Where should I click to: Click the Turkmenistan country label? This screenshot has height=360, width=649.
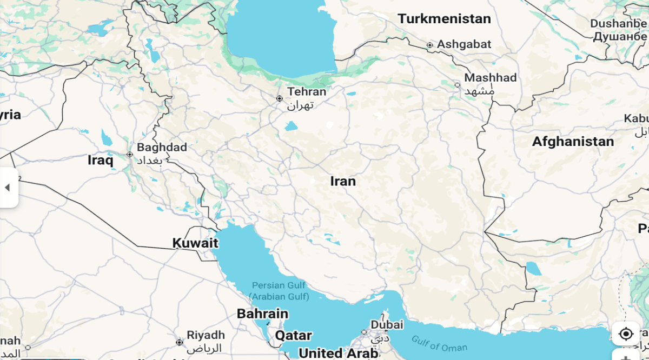444,19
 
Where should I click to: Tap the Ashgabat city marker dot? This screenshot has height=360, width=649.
430,45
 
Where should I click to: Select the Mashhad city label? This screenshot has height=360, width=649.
491,78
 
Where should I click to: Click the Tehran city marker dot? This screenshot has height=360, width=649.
280,98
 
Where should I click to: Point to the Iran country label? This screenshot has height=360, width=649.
343,181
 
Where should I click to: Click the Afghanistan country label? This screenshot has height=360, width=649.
573,142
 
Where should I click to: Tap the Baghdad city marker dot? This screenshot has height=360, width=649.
130,155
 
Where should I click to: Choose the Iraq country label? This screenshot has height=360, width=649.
101,160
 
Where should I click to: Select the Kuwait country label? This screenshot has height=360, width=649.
195,243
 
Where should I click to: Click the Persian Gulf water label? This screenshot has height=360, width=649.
279,285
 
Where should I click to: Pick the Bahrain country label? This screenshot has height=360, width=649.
262,314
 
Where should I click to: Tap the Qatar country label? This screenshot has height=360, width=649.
293,336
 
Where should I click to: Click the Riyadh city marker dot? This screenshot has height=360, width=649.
180,342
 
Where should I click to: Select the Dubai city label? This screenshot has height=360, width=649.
387,325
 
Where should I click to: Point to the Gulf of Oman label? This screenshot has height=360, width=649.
439,344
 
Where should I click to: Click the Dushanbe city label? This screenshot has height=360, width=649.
619,24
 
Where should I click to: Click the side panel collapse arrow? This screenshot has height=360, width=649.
8,188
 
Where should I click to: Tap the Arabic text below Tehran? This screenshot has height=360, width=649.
300,105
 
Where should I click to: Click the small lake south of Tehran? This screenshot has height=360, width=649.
291,126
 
